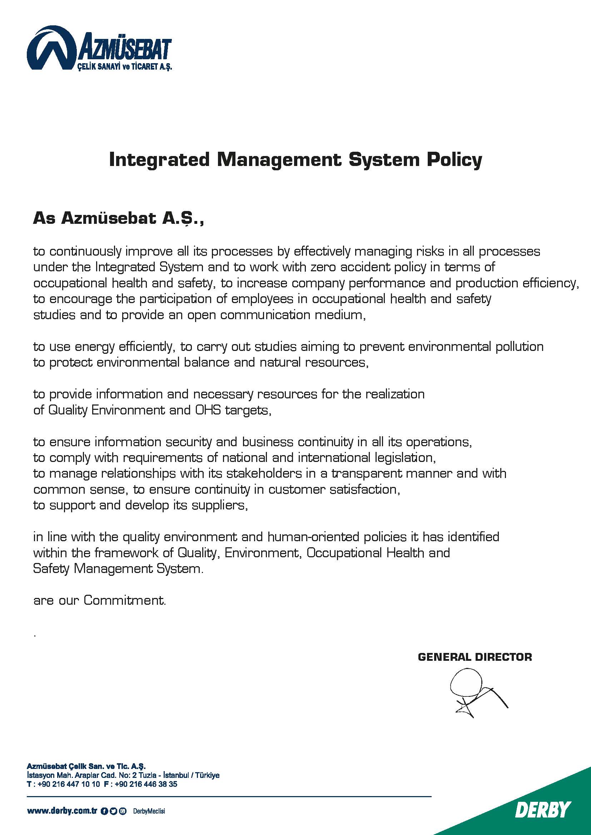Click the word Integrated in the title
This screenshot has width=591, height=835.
[159, 160]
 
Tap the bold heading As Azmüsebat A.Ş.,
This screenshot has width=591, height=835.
[118, 218]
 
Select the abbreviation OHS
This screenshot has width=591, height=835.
[208, 410]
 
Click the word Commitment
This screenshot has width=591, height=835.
[124, 600]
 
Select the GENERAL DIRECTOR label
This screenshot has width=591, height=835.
[475, 657]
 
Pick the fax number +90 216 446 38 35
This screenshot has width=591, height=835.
[145, 784]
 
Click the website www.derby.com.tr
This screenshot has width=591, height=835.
[61, 811]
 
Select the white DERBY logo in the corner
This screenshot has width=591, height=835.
[543, 810]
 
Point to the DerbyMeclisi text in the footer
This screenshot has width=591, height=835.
[149, 811]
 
